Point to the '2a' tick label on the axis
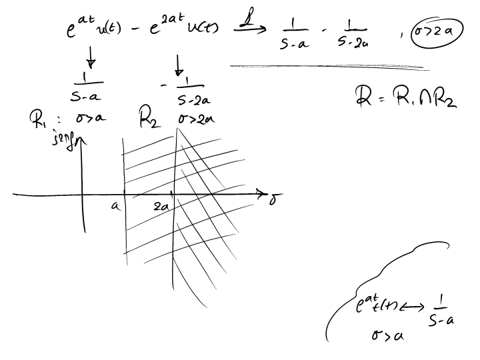(161, 207)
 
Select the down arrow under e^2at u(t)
(179, 65)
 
